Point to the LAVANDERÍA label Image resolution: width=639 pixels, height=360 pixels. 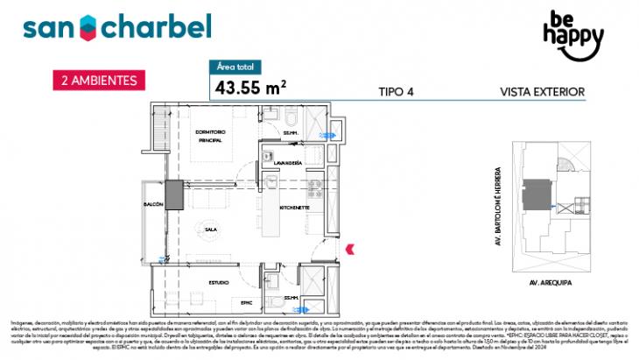pos(289,164)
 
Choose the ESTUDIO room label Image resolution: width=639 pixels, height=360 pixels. pos(219,281)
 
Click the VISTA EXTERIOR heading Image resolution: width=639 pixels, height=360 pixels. pos(542,91)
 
